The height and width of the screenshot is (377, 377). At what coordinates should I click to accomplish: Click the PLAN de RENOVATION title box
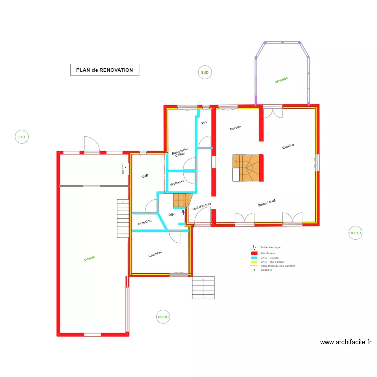pos(105,70)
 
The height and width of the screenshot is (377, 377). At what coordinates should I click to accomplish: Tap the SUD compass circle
pos(205,73)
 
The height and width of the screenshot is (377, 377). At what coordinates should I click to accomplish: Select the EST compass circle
pos(22,136)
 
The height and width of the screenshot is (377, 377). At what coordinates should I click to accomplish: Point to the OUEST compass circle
pos(355,233)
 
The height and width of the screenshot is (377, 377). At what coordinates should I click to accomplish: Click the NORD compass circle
pos(163,317)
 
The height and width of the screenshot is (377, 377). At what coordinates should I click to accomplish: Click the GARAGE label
pos(89,258)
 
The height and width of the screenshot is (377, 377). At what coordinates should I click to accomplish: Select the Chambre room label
pos(155,255)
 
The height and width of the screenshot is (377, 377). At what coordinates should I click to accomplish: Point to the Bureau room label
pos(235,128)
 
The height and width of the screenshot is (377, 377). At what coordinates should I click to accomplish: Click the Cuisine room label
pos(288,146)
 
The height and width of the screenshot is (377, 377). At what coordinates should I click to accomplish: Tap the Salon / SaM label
pos(267,203)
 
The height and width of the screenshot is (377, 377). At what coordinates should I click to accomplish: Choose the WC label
pos(204,123)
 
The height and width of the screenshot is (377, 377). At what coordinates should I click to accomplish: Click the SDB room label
pos(145,176)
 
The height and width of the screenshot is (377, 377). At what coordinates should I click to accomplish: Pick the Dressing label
pos(145,222)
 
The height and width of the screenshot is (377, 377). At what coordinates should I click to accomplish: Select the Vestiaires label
pos(177,183)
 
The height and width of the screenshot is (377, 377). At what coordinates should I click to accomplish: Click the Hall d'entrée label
pos(202,206)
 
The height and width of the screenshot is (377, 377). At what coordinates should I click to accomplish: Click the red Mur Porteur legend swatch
pos(254,254)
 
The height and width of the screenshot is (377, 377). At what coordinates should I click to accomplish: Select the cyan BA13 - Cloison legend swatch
pos(254,258)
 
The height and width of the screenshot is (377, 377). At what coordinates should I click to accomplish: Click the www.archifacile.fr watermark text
pos(346,342)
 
